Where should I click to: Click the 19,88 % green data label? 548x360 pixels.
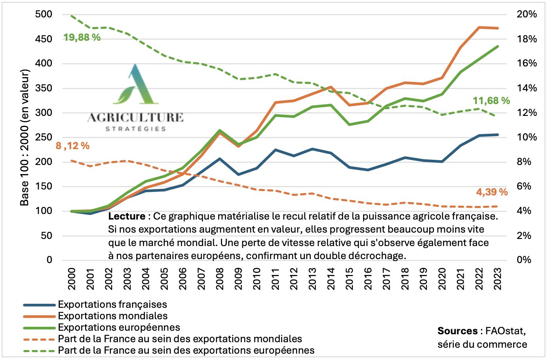(82, 38)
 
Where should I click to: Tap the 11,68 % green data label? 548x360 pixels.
(491, 101)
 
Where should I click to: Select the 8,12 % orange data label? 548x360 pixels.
(73, 146)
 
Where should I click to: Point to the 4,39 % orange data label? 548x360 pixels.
(492, 192)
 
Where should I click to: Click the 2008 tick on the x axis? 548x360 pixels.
(220, 279)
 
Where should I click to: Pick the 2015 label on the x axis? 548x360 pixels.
(349, 279)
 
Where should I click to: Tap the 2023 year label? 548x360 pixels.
(497, 279)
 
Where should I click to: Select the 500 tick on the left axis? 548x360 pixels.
(44, 14)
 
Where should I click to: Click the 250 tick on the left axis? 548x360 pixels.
(44, 137)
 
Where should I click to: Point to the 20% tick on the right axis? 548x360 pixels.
(527, 14)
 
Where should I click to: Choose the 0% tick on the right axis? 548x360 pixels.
(524, 260)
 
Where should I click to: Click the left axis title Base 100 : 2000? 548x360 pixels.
(25, 137)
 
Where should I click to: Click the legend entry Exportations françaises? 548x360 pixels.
(112, 305)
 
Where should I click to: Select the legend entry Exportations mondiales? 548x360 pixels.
(113, 316)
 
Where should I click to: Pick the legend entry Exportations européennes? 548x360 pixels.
(119, 328)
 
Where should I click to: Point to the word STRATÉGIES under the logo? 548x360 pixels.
(135, 129)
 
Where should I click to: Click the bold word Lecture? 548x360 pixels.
(127, 216)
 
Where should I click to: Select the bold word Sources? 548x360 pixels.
(457, 331)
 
